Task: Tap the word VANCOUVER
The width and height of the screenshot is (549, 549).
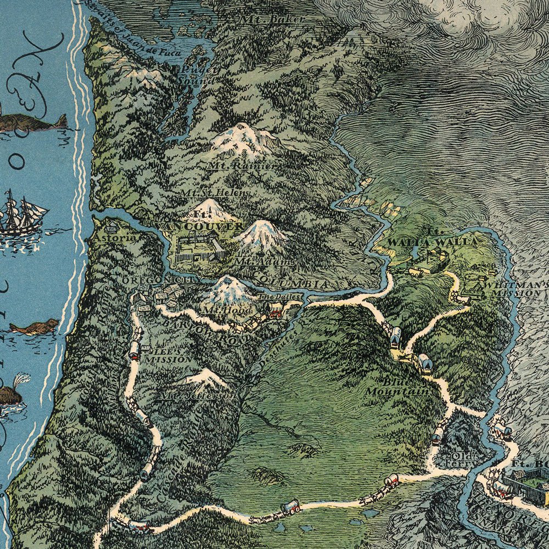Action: pos(200,226)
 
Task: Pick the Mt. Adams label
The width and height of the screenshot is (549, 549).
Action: pos(256,262)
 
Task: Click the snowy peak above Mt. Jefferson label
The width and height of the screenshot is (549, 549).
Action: pos(204,378)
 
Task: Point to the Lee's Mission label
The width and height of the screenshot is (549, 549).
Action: pos(159,356)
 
